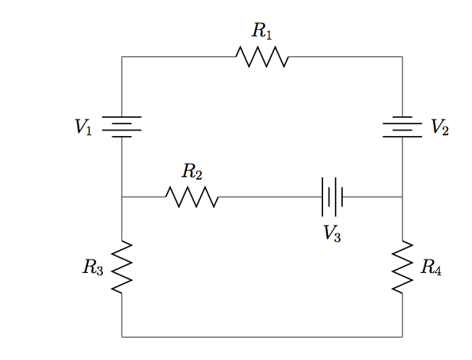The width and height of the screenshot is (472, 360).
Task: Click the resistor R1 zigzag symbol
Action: click(262, 56)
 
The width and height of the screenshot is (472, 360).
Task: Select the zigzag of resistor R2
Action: click(192, 197)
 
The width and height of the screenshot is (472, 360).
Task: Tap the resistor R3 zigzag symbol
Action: click(122, 267)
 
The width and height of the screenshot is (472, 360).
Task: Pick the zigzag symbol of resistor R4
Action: click(402, 267)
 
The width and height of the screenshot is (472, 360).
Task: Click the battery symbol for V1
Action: click(122, 127)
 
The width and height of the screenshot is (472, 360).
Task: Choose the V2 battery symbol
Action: click(402, 127)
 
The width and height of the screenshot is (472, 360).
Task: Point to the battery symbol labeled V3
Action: click(333, 197)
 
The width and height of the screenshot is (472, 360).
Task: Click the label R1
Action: click(262, 31)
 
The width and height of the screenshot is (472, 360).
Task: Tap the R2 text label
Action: click(192, 172)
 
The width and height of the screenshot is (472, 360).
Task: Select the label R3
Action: click(93, 267)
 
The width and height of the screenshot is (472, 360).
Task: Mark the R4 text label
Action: click(431, 267)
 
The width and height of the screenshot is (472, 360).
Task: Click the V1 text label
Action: click(83, 127)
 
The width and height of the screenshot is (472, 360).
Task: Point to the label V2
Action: click(440, 127)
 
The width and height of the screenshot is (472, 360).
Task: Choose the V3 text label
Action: click(332, 233)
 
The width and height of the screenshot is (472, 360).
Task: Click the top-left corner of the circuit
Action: click(122, 56)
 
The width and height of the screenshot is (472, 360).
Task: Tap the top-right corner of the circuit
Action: click(402, 56)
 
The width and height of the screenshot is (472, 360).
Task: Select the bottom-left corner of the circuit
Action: click(122, 337)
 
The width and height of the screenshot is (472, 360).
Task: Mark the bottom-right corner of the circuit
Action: click(402, 337)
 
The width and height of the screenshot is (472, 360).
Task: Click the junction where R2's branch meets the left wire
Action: click(122, 197)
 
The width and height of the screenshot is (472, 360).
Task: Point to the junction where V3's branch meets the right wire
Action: click(402, 197)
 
